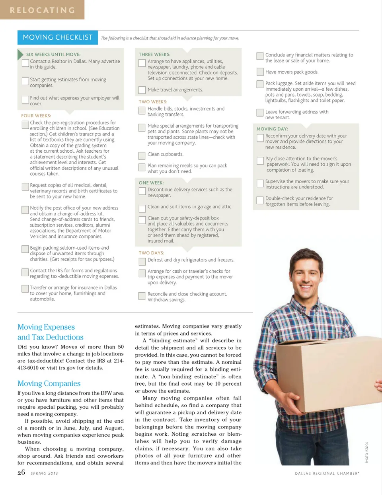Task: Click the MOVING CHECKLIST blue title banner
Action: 57,37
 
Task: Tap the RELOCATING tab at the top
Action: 42,10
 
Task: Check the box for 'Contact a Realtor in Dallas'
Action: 25,63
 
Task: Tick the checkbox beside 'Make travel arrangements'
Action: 142,90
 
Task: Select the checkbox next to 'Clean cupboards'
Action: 142,155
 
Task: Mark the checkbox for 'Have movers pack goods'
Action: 260,72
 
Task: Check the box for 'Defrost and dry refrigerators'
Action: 142,262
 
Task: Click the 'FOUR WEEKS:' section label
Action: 36,116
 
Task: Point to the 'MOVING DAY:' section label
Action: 272,129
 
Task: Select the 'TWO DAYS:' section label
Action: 151,253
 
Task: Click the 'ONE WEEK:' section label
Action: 151,183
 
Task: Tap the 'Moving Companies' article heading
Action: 49,383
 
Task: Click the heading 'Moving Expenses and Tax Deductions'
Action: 51,332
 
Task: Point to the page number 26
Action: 21,472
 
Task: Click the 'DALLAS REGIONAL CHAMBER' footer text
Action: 327,474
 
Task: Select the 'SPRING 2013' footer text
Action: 44,474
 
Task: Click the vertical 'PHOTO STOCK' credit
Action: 366,452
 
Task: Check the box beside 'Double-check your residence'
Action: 260,200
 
